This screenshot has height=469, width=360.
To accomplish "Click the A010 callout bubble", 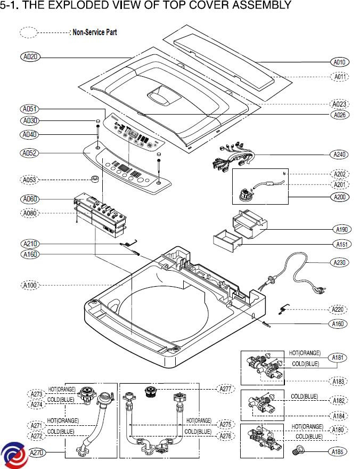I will (340, 62).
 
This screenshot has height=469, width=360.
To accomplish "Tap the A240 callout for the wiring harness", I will (340, 155).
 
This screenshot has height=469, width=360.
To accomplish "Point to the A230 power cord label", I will (340, 262).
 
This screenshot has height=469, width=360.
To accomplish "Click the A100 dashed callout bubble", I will (30, 286).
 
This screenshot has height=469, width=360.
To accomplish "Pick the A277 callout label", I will (226, 389).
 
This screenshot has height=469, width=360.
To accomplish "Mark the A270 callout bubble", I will (36, 453).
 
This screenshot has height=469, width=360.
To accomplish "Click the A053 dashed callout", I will (30, 180).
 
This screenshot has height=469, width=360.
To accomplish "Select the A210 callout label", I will (30, 244).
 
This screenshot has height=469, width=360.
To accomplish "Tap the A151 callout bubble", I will (340, 244).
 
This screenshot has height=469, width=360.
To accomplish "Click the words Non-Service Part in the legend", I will (94, 33).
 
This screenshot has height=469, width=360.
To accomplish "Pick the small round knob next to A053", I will (96, 177).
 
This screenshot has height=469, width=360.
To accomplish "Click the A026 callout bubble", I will (340, 115).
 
